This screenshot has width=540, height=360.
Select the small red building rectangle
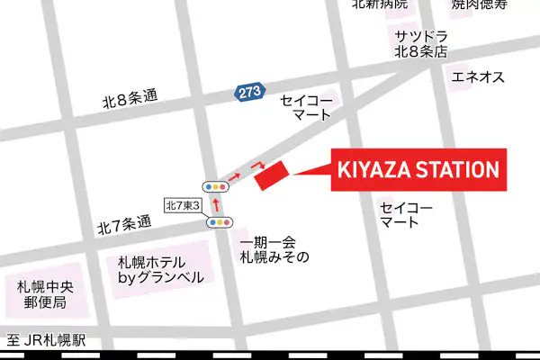pyautogui.click(x=270, y=175)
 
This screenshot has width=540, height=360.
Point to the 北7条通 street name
pyautogui.click(x=124, y=225)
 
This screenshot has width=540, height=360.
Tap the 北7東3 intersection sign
pyautogui.click(x=182, y=205)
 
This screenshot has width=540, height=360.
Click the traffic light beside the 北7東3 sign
pyautogui.click(x=220, y=221)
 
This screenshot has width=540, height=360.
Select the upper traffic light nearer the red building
pyautogui.click(x=216, y=186)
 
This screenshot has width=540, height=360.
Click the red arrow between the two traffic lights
pyautogui.click(x=216, y=204)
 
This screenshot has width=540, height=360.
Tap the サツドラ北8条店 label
pyautogui.click(x=419, y=44)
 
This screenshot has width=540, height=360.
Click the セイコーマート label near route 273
pyautogui.click(x=307, y=107)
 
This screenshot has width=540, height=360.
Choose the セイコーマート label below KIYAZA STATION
pyautogui.click(x=406, y=214)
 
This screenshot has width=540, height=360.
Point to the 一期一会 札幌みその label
pyautogui.click(x=274, y=249)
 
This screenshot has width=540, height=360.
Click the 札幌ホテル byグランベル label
pyautogui.click(x=161, y=270)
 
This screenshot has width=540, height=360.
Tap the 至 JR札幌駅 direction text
pyautogui.click(x=46, y=341)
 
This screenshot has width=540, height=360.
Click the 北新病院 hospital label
pyautogui.click(x=379, y=4)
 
